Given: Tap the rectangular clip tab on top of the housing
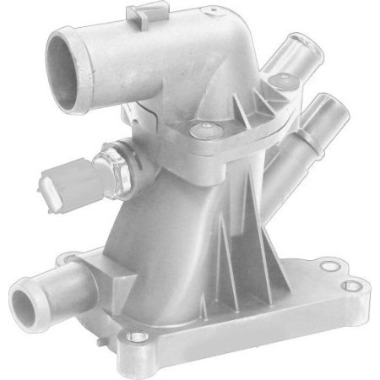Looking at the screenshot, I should coord(141,14).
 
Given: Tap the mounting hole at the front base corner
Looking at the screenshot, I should coord(130,339).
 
